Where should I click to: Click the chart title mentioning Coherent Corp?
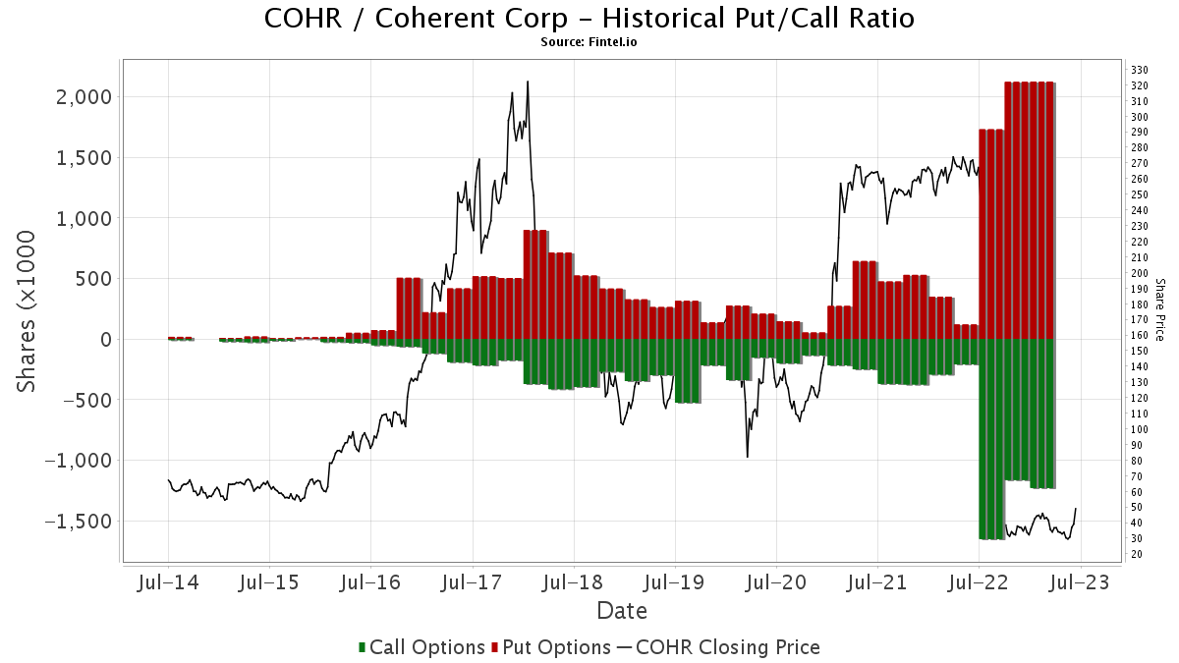click(x=589, y=19)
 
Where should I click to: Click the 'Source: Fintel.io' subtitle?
click(x=589, y=42)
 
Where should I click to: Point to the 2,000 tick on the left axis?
click(x=85, y=97)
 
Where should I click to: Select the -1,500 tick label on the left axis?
click(x=80, y=522)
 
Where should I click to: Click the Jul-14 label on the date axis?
click(x=168, y=582)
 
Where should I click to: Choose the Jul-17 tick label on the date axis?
click(x=472, y=582)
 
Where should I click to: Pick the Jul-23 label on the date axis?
click(x=1080, y=582)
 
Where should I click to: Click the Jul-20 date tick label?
click(x=775, y=582)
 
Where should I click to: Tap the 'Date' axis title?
click(x=622, y=611)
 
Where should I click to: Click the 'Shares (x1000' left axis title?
click(x=28, y=312)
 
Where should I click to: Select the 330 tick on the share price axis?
click(x=1141, y=70)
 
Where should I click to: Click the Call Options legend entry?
click(x=423, y=647)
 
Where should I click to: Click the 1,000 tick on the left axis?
click(x=85, y=218)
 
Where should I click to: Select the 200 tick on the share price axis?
click(x=1141, y=273)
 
